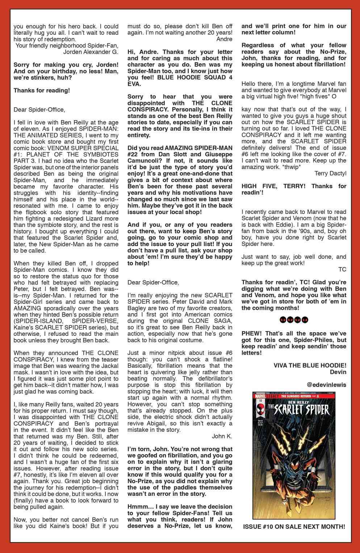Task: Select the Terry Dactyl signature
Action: click(330, 173)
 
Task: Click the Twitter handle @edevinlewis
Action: click(326, 385)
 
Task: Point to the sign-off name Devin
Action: click(339, 372)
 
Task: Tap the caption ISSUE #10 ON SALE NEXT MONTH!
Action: click(294, 527)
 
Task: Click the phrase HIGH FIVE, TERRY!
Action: click(275, 186)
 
